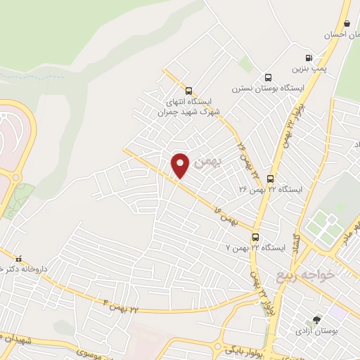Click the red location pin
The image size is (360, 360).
pos(181,165)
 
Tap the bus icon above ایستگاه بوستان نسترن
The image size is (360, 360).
pos(267,77)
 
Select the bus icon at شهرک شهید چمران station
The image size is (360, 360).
pos(188,90)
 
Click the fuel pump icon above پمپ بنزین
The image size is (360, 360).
pos(309,58)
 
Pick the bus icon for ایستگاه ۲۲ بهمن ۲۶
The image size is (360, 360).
pos(271,179)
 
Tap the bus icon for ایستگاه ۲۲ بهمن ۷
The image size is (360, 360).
pos(255,237)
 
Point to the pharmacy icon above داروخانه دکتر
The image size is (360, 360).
pos(19,259)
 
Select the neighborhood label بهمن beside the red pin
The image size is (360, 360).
pos(206,162)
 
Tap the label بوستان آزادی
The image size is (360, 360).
pos(314,330)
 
